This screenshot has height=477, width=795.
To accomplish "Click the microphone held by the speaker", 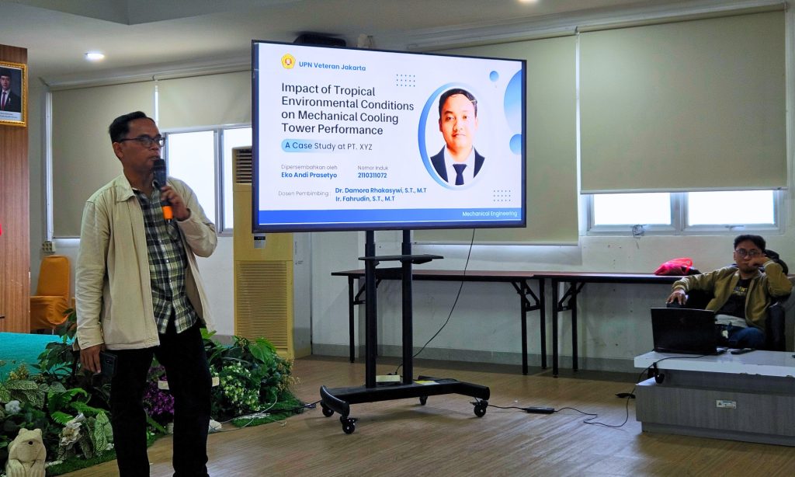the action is (x=162, y=188).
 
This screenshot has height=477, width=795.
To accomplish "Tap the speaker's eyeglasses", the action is (x=144, y=141).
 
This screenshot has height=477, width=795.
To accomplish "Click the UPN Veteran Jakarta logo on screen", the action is (x=288, y=61).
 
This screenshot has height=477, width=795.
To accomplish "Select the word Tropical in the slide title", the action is (x=354, y=92).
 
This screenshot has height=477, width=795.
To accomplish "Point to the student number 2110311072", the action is (x=372, y=175).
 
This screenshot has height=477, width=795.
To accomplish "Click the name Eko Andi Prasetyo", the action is (x=309, y=175).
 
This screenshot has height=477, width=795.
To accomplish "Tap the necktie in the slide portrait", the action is (x=460, y=173).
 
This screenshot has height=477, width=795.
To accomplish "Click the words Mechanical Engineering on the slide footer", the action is (x=489, y=214).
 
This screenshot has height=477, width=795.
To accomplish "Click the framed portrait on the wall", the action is (x=12, y=93).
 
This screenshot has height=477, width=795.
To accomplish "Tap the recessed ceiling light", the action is (x=95, y=56).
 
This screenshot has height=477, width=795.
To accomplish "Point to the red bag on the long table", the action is (x=675, y=266).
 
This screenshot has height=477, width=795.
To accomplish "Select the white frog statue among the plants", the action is (x=26, y=453).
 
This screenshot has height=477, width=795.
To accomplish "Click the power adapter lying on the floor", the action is (x=539, y=409).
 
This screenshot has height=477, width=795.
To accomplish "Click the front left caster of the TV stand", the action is (x=348, y=425).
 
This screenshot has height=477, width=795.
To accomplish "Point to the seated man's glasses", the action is (x=748, y=252).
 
